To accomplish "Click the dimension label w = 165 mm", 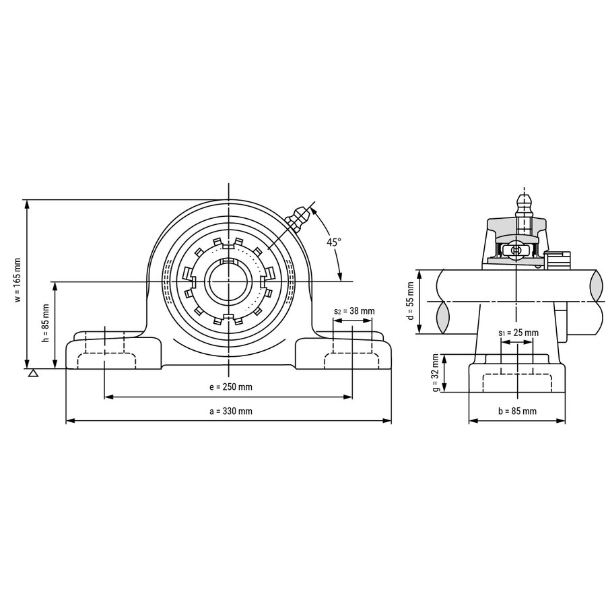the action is (x=18, y=280).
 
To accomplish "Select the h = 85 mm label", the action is (x=46, y=323).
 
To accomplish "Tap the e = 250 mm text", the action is (x=231, y=387).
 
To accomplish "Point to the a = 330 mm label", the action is (x=231, y=411).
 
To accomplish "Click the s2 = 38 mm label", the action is (x=354, y=311).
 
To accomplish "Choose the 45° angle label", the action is (x=334, y=242).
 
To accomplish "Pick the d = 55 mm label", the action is (x=411, y=301).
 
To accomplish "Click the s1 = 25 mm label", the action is (x=518, y=333).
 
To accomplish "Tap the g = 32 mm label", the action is (x=436, y=373).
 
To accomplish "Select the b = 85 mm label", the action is (x=517, y=411).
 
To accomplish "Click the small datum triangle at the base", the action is (x=33, y=373).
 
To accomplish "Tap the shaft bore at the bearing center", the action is (x=229, y=281).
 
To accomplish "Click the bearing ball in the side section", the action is (x=516, y=250).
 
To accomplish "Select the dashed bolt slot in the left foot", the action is (x=106, y=361).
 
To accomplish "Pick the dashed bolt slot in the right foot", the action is (x=351, y=361).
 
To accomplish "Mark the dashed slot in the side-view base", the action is (x=517, y=383).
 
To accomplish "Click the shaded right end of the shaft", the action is (x=596, y=286).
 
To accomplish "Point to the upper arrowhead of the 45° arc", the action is (x=313, y=211).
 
